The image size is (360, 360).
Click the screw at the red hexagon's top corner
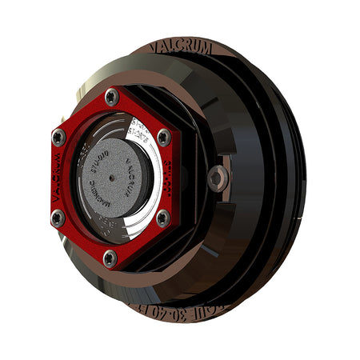(111, 97)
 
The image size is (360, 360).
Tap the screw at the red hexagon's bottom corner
(110, 257)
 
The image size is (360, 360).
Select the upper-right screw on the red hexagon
(163, 137)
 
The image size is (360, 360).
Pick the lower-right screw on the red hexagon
(162, 217)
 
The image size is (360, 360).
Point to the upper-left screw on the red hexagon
(58, 138)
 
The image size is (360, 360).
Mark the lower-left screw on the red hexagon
(57, 217)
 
